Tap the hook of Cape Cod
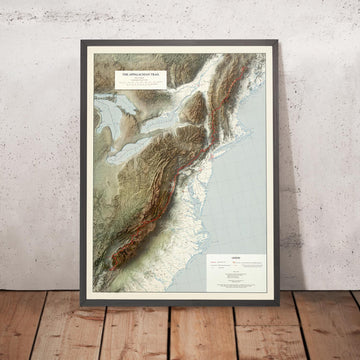coord(262,128)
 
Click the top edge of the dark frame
coord(180,46)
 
